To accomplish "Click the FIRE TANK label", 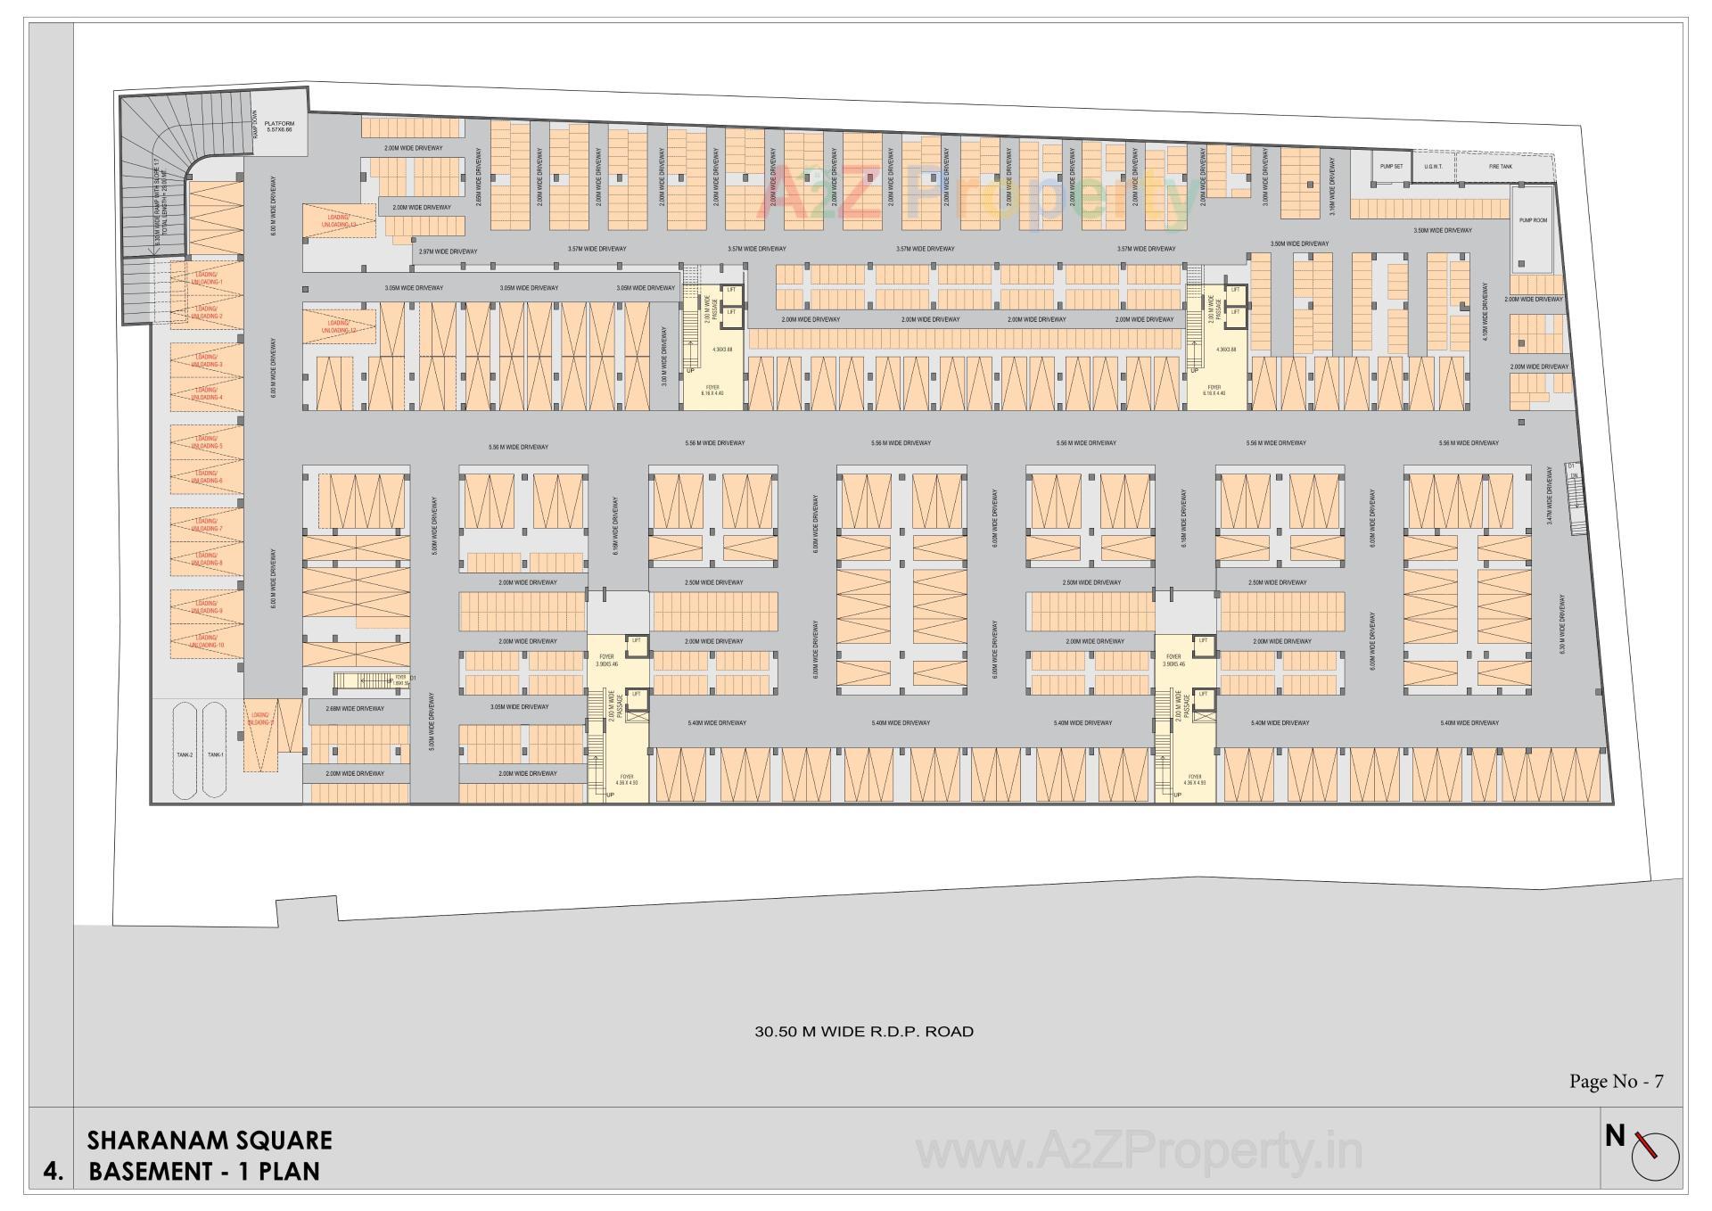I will [x=1501, y=167].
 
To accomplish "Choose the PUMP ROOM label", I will [x=1534, y=219].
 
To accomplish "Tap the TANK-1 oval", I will [x=215, y=754].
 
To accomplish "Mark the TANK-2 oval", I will [x=185, y=754].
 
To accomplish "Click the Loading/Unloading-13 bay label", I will [x=341, y=220].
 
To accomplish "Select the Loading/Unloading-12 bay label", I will [x=341, y=326].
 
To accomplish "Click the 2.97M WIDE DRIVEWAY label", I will [x=448, y=251].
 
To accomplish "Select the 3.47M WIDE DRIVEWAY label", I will [x=1550, y=498].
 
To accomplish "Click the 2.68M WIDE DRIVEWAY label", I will [x=355, y=708].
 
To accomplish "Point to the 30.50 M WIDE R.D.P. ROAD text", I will [x=864, y=1032].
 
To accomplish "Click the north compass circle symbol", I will [x=1655, y=1159].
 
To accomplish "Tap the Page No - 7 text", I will [x=1616, y=1082].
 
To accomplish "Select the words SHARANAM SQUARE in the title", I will [x=210, y=1141].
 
